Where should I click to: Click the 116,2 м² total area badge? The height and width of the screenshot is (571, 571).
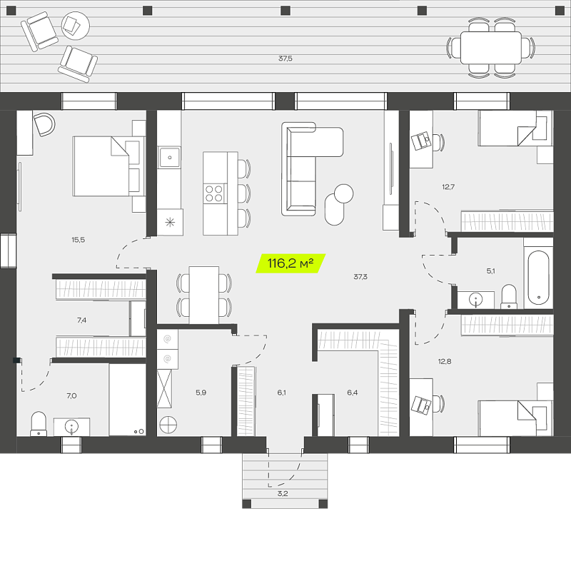tap(290, 263)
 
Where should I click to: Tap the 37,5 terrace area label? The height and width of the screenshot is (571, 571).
tap(285, 59)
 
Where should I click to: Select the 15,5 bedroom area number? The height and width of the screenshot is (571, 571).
tap(79, 240)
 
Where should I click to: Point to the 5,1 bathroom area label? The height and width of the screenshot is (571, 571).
tap(490, 271)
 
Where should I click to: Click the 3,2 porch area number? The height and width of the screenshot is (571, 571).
tap(283, 494)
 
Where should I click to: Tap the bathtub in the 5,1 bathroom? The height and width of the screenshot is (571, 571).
tap(538, 277)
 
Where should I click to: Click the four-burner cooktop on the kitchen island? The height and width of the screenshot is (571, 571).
tap(214, 193)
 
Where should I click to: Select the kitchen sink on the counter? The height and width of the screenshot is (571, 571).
tap(170, 157)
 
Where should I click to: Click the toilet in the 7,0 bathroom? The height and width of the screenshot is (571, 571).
tap(39, 423)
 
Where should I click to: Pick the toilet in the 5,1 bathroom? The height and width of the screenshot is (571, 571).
tap(509, 296)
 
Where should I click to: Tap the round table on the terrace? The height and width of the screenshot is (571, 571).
tap(76, 26)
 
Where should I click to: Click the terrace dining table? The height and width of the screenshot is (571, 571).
tap(491, 48)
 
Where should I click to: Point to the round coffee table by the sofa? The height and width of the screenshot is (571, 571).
tap(343, 193)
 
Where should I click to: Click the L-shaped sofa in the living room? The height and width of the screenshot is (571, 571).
tap(312, 168)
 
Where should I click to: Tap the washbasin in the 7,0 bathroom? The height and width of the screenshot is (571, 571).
tap(72, 427)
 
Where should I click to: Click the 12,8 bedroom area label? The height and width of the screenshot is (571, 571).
tap(445, 362)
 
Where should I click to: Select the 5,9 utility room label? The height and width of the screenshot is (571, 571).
tap(201, 393)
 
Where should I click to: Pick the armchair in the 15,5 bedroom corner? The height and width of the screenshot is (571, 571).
tap(44, 124)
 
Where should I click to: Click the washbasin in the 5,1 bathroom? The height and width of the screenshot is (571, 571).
tap(475, 300)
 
